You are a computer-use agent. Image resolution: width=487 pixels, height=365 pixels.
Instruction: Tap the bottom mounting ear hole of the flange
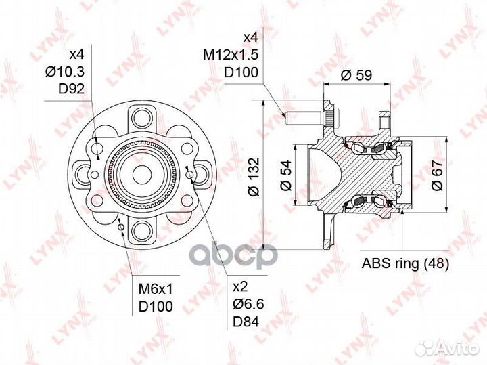click(x=142, y=232)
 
